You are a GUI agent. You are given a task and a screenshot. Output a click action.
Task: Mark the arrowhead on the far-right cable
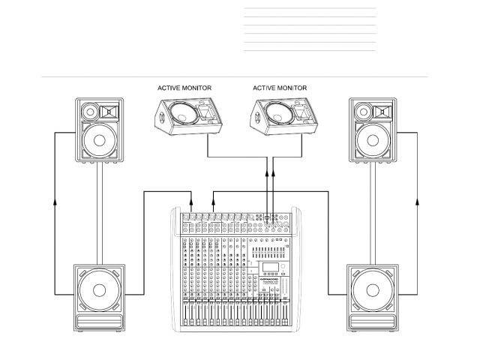tap(417, 201)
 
